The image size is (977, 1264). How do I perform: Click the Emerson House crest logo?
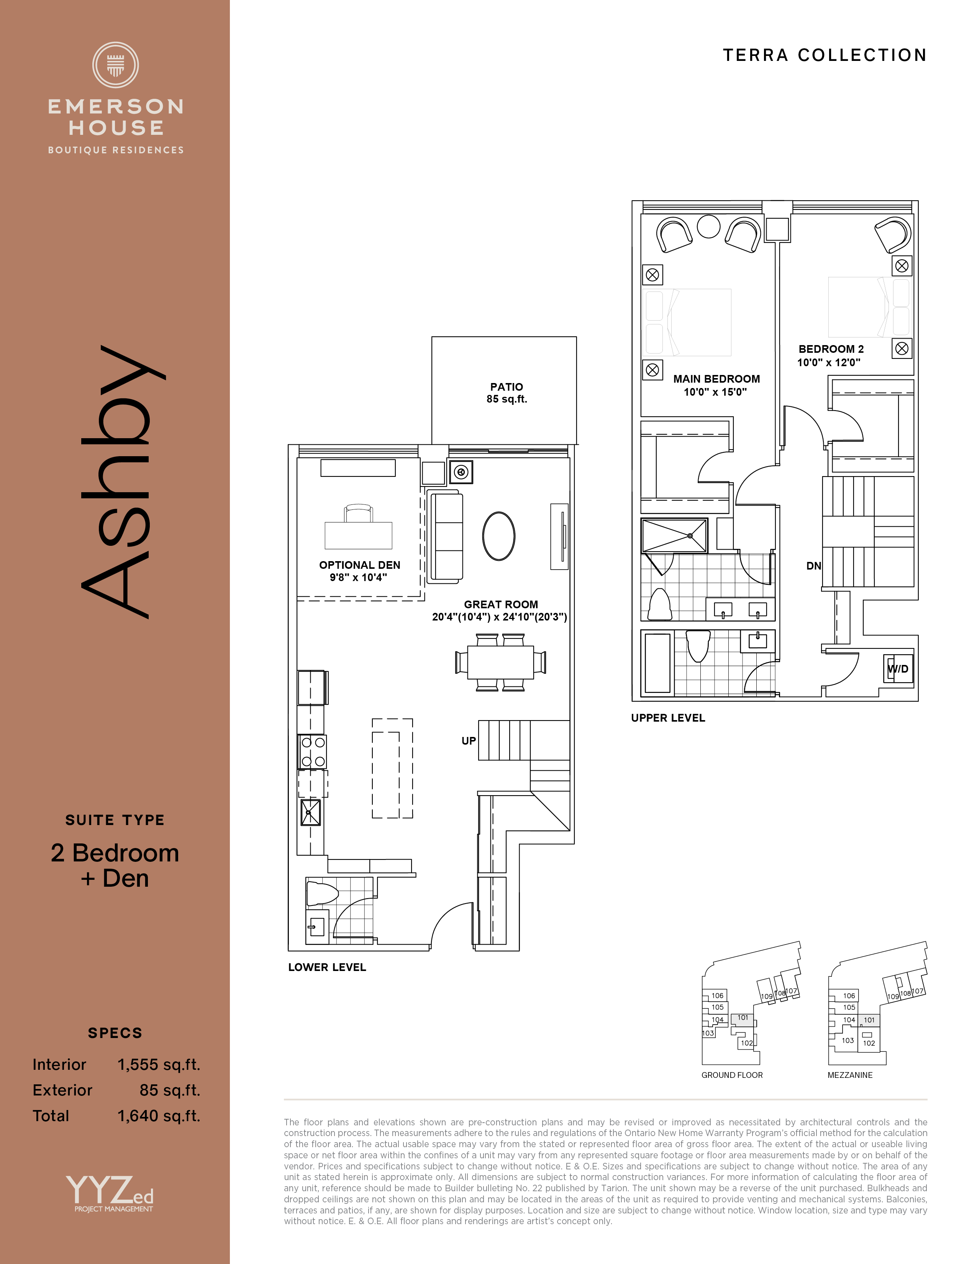click(115, 65)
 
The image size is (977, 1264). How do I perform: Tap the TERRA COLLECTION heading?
click(825, 55)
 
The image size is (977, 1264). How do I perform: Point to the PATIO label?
click(507, 386)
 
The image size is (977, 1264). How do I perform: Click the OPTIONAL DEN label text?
click(359, 565)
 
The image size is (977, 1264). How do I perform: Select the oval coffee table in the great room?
click(499, 536)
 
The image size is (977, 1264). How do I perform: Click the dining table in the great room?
click(501, 662)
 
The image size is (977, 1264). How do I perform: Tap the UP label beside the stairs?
click(469, 741)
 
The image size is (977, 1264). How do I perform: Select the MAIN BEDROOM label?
click(716, 379)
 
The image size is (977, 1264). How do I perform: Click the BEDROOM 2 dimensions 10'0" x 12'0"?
click(829, 363)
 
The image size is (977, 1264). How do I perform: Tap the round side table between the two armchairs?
click(708, 226)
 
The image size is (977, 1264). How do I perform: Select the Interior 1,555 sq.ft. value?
click(159, 1065)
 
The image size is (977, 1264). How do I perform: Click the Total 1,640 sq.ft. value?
click(159, 1116)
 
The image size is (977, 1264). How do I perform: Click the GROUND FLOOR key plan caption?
click(732, 1075)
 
